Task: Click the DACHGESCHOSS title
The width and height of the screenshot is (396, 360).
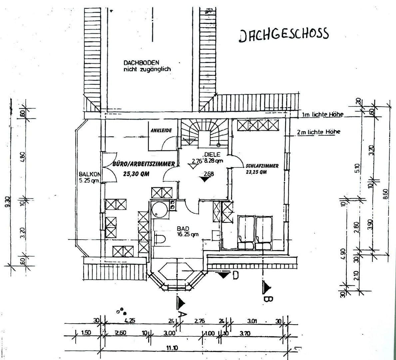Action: click(284, 35)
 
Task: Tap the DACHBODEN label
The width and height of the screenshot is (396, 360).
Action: click(141, 63)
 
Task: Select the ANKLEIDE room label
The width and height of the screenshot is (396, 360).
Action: click(161, 130)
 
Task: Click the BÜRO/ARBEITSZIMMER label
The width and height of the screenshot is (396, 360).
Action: click(144, 164)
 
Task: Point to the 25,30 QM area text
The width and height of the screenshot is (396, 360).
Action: click(136, 174)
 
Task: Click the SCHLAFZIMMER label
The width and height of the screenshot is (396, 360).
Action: click(262, 166)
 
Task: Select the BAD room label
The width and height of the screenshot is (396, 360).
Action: click(183, 229)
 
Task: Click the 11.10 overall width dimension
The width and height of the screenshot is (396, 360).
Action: click(172, 348)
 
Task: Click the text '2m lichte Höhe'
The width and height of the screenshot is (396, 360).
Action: click(319, 132)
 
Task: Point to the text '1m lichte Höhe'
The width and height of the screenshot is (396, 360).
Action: click(322, 115)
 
